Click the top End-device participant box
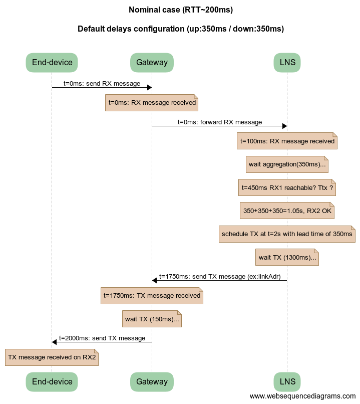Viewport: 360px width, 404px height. pyautogui.click(x=52, y=63)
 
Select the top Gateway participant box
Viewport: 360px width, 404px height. pyautogui.click(x=152, y=63)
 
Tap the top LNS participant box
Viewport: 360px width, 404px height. pyautogui.click(x=287, y=63)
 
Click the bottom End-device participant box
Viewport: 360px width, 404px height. pyautogui.click(x=52, y=381)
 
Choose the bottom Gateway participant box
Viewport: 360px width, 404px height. pyautogui.click(x=152, y=381)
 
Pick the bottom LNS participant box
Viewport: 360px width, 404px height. pyautogui.click(x=287, y=381)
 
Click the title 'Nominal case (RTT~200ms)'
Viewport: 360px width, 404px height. pyautogui.click(x=180, y=10)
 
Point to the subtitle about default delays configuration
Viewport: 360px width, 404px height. pyautogui.click(x=180, y=29)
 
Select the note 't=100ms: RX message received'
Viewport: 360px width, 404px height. pyautogui.click(x=287, y=141)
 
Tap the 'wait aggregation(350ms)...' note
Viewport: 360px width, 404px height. pyautogui.click(x=287, y=164)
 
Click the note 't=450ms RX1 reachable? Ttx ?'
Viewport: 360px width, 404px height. pyautogui.click(x=287, y=187)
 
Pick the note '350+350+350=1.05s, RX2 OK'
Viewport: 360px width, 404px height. pyautogui.click(x=287, y=211)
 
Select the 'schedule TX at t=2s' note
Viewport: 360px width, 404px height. pyautogui.click(x=287, y=234)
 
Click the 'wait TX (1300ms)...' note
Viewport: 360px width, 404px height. pyautogui.click(x=287, y=258)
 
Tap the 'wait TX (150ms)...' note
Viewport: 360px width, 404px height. pyautogui.click(x=152, y=319)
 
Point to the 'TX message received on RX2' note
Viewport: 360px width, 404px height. pyautogui.click(x=52, y=357)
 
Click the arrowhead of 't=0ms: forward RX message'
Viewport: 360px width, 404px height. pyautogui.click(x=284, y=126)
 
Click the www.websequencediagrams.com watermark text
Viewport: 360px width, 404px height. pyautogui.click(x=302, y=396)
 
